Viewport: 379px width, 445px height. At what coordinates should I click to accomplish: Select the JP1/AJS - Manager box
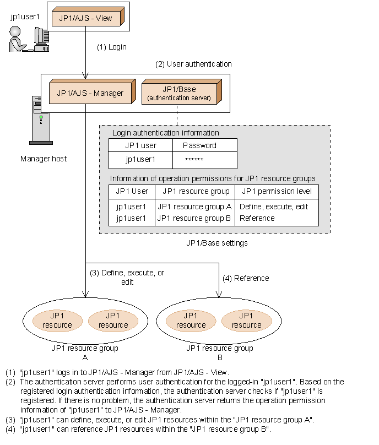click(90, 93)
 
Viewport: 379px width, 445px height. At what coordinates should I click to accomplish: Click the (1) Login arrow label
click(112, 47)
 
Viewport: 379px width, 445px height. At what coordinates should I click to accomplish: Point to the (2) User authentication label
click(193, 64)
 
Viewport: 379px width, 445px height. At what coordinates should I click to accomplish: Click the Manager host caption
click(44, 159)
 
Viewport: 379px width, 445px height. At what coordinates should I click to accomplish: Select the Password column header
click(199, 145)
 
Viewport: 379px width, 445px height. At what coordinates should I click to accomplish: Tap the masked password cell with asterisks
click(194, 160)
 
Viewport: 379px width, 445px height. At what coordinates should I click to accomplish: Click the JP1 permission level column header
click(276, 191)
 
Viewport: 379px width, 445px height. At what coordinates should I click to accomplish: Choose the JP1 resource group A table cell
click(194, 207)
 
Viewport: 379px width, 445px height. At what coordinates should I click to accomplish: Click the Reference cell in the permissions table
click(257, 218)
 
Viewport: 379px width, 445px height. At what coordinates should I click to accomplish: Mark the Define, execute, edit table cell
click(274, 207)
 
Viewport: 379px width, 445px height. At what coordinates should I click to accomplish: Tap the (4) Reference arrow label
click(246, 278)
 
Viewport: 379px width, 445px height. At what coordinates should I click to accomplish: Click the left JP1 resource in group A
click(57, 320)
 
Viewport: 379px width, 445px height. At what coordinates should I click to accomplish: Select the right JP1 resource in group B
click(246, 320)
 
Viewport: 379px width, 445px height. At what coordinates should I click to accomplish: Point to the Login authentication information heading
click(165, 133)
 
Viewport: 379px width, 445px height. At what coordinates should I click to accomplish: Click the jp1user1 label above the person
click(25, 17)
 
